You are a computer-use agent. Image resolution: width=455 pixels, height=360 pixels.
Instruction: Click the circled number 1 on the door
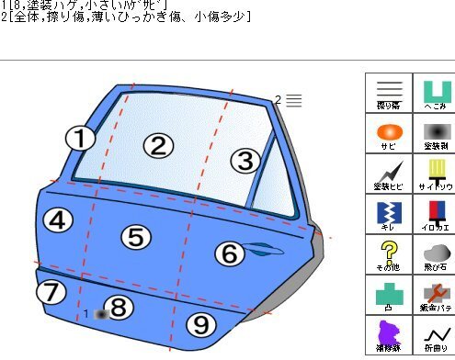tap(81, 139)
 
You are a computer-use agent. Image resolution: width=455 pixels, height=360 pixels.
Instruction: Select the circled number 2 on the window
tap(158, 145)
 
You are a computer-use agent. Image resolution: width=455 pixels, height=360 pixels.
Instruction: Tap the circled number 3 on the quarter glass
tap(244, 161)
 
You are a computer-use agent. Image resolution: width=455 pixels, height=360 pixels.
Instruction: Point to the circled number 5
tap(135, 237)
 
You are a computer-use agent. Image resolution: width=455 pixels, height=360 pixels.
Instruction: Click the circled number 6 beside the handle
tap(231, 253)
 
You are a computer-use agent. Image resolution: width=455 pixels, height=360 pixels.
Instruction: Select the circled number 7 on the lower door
tap(51, 293)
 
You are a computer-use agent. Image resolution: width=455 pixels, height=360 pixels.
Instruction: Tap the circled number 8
tap(119, 308)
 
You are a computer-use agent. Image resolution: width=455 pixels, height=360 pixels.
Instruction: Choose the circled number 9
tap(201, 323)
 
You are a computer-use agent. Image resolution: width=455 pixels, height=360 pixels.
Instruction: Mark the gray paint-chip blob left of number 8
tap(100, 314)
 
